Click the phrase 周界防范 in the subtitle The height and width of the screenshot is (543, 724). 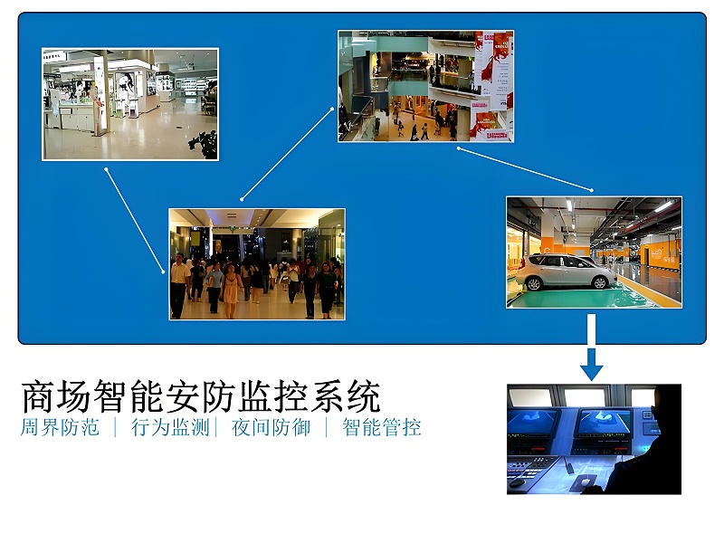(x=59, y=427)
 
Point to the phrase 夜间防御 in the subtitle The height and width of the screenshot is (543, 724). (x=271, y=427)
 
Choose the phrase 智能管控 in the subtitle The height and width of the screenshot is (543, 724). (x=381, y=427)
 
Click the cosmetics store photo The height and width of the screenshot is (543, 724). (x=130, y=104)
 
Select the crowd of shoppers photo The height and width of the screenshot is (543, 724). (x=256, y=263)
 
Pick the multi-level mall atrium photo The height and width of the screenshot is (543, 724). (x=425, y=86)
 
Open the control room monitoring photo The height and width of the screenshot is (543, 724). (x=594, y=439)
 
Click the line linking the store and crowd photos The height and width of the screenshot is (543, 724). (x=135, y=219)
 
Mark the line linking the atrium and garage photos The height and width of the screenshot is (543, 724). (x=525, y=168)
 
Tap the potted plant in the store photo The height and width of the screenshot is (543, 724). (x=207, y=145)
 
